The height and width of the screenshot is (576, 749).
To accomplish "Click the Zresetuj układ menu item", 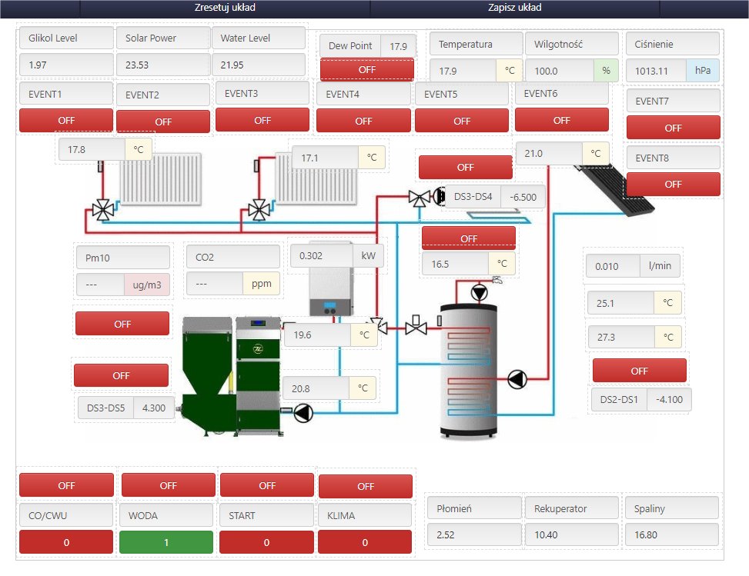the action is click(225, 8).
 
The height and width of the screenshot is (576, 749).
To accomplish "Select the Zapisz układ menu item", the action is click(514, 8).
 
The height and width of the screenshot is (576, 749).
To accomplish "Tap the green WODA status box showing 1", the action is click(166, 542).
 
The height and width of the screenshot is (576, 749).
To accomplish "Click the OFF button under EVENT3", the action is click(262, 120).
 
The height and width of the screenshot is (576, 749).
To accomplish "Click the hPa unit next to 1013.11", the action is click(702, 71).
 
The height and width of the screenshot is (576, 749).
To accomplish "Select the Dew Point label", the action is click(350, 46).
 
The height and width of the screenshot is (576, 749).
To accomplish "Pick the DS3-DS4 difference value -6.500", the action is click(523, 197).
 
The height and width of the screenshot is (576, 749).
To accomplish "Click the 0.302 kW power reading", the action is click(336, 256).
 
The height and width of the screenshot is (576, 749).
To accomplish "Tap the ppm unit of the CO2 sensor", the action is click(261, 284).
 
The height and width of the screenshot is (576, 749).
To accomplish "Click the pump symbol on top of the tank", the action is click(479, 292).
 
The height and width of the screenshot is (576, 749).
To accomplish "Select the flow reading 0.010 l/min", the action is click(633, 266).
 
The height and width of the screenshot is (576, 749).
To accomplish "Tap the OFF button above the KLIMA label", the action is click(366, 486).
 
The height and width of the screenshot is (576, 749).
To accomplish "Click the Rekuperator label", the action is click(560, 509).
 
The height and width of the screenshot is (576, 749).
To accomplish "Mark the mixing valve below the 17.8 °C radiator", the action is click(102, 209).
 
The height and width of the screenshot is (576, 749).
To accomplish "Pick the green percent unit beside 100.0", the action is click(606, 71).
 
